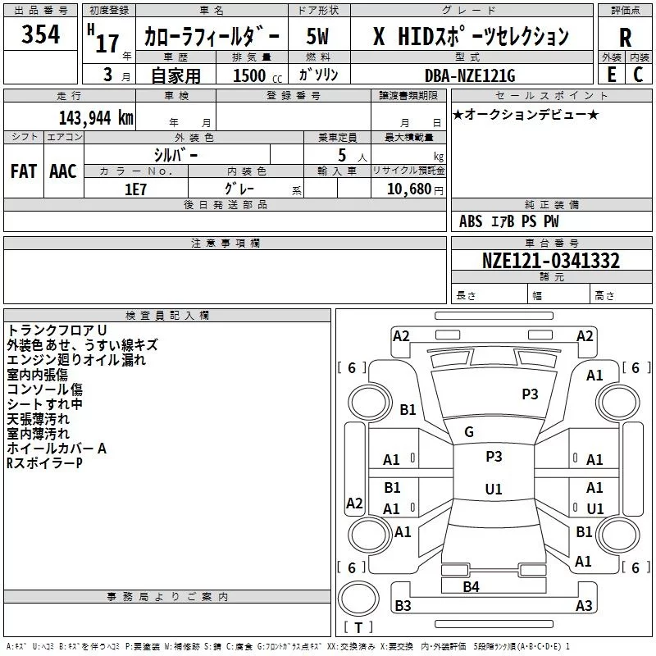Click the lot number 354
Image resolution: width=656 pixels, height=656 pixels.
pyautogui.click(x=40, y=34)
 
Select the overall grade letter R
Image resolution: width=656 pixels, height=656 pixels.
pyautogui.click(x=625, y=38)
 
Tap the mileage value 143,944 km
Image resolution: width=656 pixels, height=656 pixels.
pyautogui.click(x=96, y=118)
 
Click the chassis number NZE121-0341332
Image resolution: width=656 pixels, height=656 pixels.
pyautogui.click(x=551, y=260)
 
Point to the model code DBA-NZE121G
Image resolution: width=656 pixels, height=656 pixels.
pyautogui.click(x=470, y=75)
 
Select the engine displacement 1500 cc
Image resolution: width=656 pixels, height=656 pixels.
pyautogui.click(x=257, y=75)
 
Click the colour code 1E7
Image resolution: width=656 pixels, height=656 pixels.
pyautogui.click(x=135, y=189)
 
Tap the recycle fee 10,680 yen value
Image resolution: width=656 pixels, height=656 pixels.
pyautogui.click(x=415, y=189)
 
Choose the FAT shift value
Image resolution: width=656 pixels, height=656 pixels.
pyautogui.click(x=24, y=171)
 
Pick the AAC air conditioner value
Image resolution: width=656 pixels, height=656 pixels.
pyautogui.click(x=63, y=171)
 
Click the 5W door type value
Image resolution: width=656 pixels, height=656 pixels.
pyautogui.click(x=317, y=36)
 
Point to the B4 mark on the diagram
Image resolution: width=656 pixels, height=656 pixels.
pyautogui.click(x=471, y=586)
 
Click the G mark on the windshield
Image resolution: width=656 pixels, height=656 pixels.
pyautogui.click(x=469, y=431)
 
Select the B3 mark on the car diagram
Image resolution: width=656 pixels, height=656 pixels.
pyautogui.click(x=403, y=605)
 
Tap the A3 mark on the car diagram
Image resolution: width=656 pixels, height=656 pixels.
pyautogui.click(x=584, y=605)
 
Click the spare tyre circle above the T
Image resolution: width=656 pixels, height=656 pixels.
pyautogui.click(x=358, y=598)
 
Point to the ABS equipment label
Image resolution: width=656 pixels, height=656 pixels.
pyautogui.click(x=471, y=221)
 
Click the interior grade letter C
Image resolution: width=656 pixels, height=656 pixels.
pyautogui.click(x=638, y=75)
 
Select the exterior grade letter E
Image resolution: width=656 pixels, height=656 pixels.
pyautogui.click(x=611, y=75)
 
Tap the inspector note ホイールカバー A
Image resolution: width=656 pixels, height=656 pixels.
pyautogui.click(x=57, y=449)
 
